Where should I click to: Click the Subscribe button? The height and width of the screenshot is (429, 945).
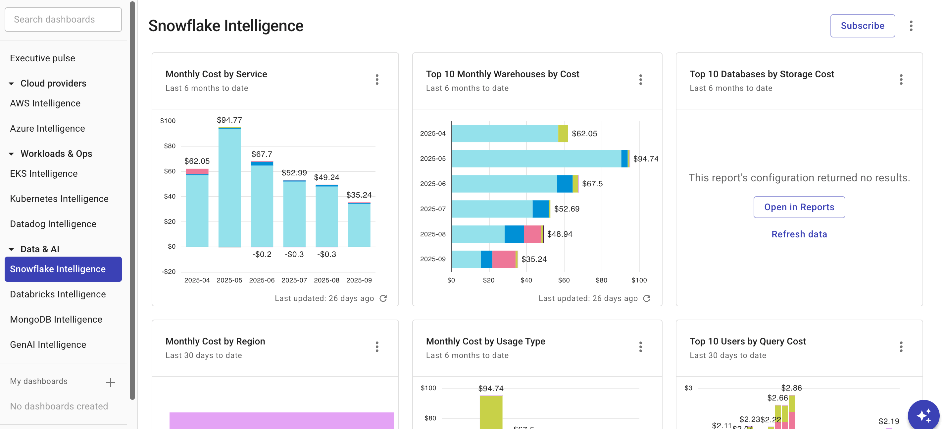point(862,26)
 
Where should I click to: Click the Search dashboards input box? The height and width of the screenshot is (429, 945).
point(63,20)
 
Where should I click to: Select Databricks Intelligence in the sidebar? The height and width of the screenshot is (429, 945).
point(58,294)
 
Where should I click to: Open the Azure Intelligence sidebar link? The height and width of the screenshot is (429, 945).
point(47,129)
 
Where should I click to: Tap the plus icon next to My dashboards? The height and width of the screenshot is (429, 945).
point(110,383)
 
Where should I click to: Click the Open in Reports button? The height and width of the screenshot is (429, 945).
point(799,207)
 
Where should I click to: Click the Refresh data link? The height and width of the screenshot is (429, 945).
point(799,234)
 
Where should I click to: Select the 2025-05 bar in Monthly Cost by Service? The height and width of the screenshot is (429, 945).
point(229,187)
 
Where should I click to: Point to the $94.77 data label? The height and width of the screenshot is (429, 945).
point(229,120)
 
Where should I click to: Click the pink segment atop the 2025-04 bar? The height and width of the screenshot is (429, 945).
point(197,171)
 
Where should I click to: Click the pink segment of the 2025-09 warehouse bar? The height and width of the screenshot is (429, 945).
point(503,259)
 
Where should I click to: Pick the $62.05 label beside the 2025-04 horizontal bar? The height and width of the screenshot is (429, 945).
point(584,134)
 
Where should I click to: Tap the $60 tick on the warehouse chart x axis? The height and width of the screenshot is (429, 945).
point(564,280)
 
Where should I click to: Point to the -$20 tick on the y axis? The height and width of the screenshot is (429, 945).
point(169,272)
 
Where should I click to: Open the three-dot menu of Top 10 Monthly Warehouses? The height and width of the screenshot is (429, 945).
point(640,80)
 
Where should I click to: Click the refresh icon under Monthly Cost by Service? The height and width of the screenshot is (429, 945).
point(383,298)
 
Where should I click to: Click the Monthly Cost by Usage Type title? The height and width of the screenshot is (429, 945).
point(485,341)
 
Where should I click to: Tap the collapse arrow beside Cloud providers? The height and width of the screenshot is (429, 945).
point(11,84)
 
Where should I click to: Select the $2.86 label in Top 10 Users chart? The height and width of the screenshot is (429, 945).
point(791,388)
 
